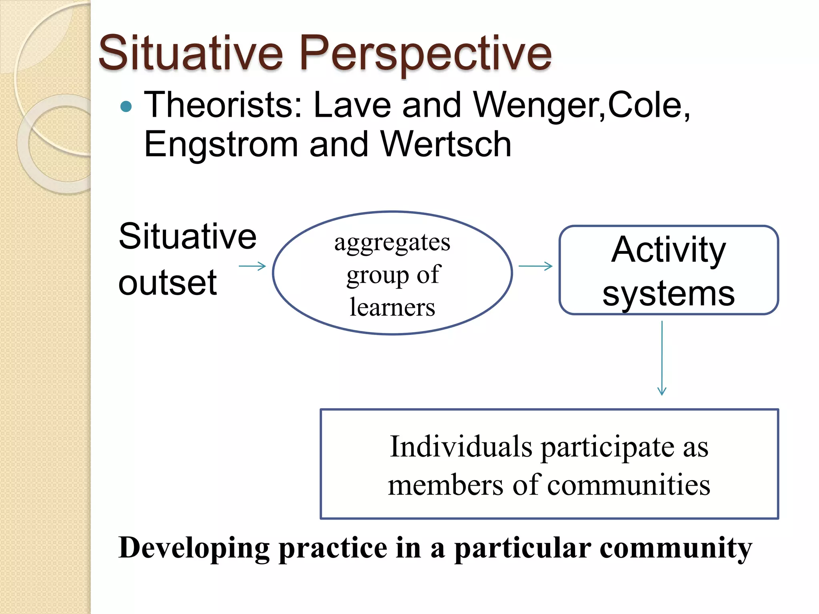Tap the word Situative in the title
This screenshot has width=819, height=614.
pyautogui.click(x=191, y=53)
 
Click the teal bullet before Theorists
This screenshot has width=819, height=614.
pyautogui.click(x=126, y=106)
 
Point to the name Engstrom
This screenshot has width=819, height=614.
pyautogui.click(x=221, y=145)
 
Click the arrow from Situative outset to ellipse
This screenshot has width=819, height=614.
pyautogui.click(x=252, y=266)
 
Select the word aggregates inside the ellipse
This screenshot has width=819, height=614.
pyautogui.click(x=392, y=243)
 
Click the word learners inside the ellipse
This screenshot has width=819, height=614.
pyautogui.click(x=392, y=308)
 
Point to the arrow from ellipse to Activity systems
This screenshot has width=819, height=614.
pyautogui.click(x=535, y=266)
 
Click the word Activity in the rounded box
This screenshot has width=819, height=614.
pyautogui.click(x=668, y=250)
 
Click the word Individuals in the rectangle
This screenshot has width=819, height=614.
pyautogui.click(x=461, y=447)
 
